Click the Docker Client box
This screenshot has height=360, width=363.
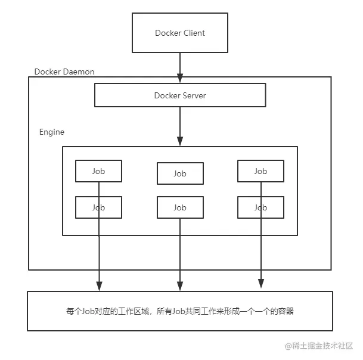click(179, 33)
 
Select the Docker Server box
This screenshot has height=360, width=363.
click(179, 95)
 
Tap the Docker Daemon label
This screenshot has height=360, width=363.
click(64, 72)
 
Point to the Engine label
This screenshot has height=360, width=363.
click(52, 132)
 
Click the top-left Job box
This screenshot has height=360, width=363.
click(98, 171)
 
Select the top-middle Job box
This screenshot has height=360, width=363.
click(179, 173)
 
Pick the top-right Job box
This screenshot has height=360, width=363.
click(260, 171)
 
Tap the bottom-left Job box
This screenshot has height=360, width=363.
click(98, 207)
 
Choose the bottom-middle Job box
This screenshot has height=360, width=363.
click(179, 207)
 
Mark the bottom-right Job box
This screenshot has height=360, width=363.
click(260, 207)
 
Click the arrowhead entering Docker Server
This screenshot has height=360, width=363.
click(179, 78)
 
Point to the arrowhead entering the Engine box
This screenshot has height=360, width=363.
click(179, 142)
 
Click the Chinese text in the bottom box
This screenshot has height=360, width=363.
click(179, 311)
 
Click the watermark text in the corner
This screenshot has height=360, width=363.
click(322, 346)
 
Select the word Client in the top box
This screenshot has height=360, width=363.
click(193, 33)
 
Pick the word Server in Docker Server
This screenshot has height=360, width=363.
click(194, 95)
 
